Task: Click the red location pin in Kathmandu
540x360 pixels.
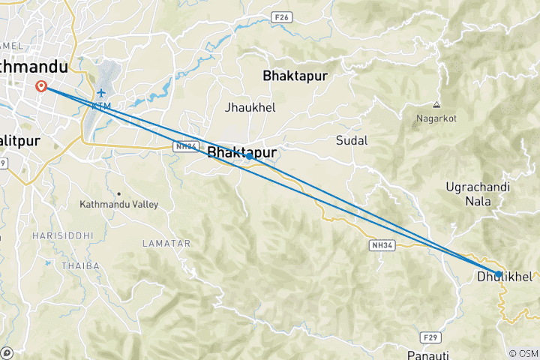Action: [42, 85]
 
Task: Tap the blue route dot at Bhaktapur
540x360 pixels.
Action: [248, 157]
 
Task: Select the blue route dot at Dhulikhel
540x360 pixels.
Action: [499, 274]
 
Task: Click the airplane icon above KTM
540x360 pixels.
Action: [101, 92]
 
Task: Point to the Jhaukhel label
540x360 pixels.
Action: [250, 108]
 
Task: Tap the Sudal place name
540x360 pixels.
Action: [352, 140]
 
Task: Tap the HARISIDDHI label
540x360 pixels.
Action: [62, 235]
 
